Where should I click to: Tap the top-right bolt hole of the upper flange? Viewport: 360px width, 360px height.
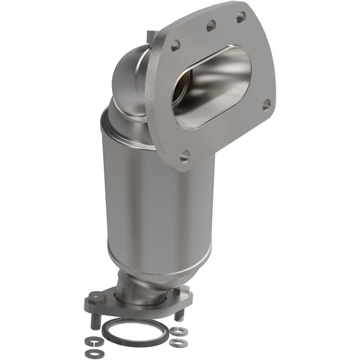coord(241,17)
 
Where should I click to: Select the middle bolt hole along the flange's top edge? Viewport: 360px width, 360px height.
coord(211,26)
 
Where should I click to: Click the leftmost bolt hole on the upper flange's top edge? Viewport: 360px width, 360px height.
coord(176,46)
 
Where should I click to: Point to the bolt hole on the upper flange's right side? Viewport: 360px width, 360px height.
coord(267,105)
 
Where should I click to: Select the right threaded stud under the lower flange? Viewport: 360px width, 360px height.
coord(180,313)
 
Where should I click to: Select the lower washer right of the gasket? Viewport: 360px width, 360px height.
coord(178,343)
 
